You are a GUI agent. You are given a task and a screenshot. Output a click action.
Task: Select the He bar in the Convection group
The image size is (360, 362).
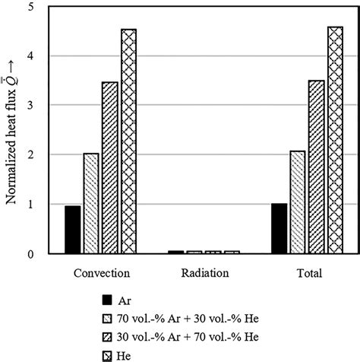click(129, 141)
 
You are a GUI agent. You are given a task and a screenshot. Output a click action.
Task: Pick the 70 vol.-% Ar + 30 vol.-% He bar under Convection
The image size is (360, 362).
click(91, 203)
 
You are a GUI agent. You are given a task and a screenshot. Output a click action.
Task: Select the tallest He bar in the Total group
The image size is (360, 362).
click(335, 140)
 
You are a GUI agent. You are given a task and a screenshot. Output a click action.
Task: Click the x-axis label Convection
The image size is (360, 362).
click(100, 272)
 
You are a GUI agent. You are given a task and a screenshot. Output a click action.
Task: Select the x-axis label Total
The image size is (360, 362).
click(308, 272)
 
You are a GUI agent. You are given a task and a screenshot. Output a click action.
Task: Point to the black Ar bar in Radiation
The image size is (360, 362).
click(176, 251)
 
